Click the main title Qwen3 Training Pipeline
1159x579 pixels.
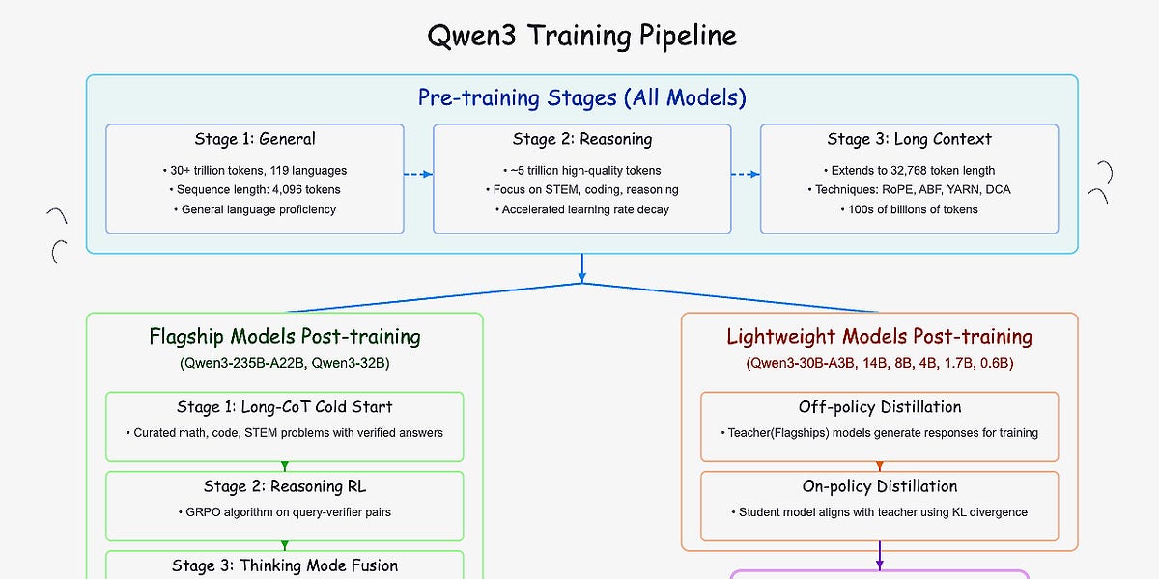[x=581, y=36]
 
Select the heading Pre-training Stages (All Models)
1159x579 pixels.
[x=581, y=97]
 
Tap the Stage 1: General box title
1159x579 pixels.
[x=254, y=139]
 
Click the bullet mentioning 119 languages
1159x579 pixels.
[x=254, y=170]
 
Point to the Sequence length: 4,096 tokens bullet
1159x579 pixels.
[x=254, y=189]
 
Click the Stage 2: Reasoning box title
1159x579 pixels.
[x=581, y=139]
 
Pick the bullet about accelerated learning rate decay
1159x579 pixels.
[x=581, y=209]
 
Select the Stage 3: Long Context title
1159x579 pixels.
[x=909, y=139]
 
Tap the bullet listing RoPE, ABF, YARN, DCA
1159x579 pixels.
[x=909, y=189]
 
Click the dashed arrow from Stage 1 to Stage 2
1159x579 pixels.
[x=418, y=175]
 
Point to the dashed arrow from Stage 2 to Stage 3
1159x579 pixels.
[x=746, y=175]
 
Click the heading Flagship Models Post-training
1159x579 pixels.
[x=284, y=337]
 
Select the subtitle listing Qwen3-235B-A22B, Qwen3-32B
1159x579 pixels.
[x=284, y=364]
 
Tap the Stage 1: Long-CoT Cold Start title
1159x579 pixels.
[x=284, y=407]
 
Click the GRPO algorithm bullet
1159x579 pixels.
[x=284, y=512]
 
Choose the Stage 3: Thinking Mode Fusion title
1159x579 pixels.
[x=284, y=565]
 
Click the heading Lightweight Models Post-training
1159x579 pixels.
[x=879, y=337]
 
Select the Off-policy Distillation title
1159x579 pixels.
[x=879, y=407]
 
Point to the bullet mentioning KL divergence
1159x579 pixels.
[x=879, y=512]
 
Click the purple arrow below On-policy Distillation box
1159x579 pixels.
[x=879, y=558]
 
